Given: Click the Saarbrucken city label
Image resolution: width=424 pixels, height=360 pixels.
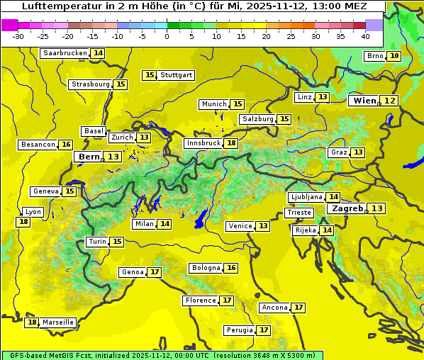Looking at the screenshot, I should [65, 53].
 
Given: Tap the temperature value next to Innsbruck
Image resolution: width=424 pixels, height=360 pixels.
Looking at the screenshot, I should [232, 143].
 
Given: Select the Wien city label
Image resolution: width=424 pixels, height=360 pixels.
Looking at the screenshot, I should [365, 101].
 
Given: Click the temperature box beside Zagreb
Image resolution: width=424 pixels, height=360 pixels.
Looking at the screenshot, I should [377, 208].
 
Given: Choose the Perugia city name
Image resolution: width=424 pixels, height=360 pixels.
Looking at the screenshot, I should [238, 330].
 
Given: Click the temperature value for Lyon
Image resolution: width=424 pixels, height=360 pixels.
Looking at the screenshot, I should [24, 222].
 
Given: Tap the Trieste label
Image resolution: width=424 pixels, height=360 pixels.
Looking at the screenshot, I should [299, 213].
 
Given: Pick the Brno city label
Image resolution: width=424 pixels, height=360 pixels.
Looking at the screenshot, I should [374, 56].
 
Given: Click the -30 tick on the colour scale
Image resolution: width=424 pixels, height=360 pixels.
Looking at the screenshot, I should [18, 36].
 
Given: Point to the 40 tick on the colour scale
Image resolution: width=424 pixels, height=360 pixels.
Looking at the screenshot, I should [365, 36].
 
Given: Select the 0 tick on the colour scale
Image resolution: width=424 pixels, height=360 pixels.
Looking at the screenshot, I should [167, 36].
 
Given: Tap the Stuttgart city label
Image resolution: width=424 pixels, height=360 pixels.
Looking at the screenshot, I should [177, 75].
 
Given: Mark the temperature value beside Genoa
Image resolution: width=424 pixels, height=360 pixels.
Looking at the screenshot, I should [155, 272].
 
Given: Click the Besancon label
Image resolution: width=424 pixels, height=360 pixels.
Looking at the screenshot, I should [38, 145].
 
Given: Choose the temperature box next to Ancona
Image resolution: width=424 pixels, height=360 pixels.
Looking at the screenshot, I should [299, 308].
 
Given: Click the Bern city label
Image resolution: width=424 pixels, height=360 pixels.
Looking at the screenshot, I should [89, 157].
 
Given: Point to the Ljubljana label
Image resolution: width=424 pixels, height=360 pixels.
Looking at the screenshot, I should [306, 197].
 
